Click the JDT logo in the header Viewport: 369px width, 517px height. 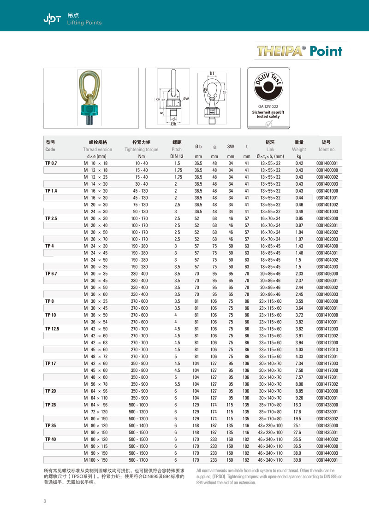(53, 18)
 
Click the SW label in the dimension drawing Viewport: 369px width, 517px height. (186, 99)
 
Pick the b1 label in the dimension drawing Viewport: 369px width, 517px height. (212, 73)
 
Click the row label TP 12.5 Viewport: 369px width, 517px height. (53, 329)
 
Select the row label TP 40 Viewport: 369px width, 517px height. (50, 440)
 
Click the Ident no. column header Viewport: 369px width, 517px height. (327, 149)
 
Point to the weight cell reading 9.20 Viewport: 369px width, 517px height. (298, 398)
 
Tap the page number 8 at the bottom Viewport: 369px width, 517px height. (45, 501)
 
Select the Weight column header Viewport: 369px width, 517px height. (298, 149)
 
